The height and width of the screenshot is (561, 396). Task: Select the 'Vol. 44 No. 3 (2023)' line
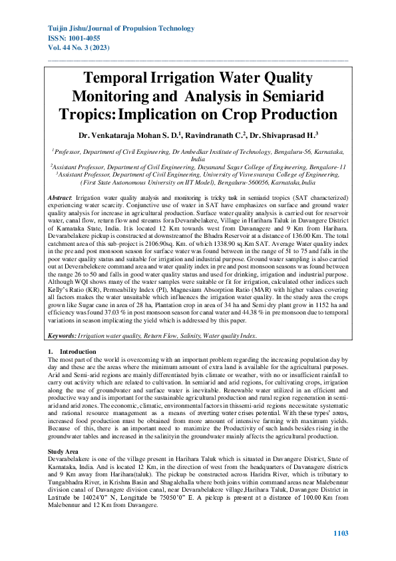(79, 49)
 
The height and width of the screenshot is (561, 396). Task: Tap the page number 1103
(340, 534)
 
